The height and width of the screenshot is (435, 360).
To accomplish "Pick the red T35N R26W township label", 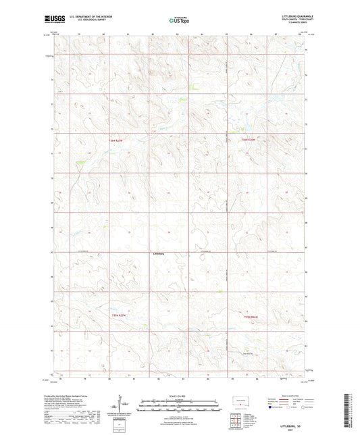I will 251,315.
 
